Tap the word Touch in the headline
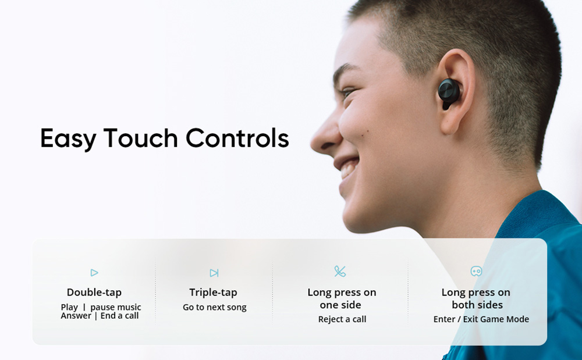click(140, 138)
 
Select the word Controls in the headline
click(237, 138)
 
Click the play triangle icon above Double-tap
click(94, 272)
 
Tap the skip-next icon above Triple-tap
click(214, 273)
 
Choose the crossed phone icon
click(340, 271)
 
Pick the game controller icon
click(476, 271)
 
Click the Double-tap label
click(94, 293)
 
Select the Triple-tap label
click(214, 293)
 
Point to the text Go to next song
click(215, 307)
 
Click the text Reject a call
click(342, 319)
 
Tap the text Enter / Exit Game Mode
click(481, 319)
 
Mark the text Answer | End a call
click(100, 316)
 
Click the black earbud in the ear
click(449, 92)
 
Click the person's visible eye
click(348, 93)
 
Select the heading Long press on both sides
click(476, 298)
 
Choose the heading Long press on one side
click(342, 298)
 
